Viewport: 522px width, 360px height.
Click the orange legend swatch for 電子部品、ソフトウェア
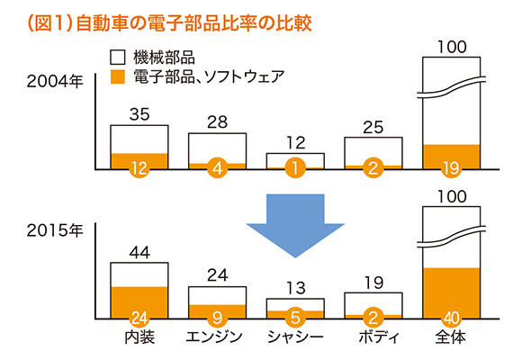click(118, 76)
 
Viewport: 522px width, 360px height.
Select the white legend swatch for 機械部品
click(118, 58)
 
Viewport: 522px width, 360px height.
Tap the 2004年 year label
click(55, 82)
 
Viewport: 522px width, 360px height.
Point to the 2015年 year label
click(55, 230)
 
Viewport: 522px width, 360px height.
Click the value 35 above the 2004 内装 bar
click(139, 114)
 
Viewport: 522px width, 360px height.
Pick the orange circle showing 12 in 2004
click(139, 168)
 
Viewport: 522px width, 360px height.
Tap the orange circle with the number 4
click(218, 168)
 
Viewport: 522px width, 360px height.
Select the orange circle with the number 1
click(295, 168)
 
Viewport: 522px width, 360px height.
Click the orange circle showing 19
click(451, 168)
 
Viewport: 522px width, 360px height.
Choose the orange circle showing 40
click(451, 318)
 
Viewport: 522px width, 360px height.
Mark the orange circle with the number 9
click(218, 318)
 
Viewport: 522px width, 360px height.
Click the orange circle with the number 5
click(295, 318)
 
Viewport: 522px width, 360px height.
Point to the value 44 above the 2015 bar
click(139, 252)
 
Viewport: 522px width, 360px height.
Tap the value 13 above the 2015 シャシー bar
click(295, 288)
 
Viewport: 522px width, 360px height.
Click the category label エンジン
click(214, 337)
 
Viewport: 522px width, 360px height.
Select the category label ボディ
click(379, 337)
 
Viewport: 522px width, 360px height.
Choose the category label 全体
click(451, 337)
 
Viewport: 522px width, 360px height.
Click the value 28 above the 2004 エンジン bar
click(218, 122)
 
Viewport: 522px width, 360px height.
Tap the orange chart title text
click(170, 23)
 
